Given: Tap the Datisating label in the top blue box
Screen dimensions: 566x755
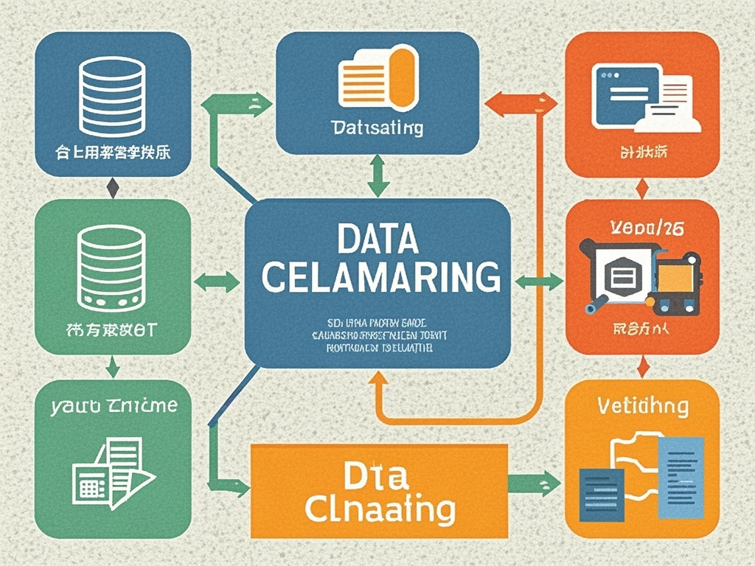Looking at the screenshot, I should coord(377,128).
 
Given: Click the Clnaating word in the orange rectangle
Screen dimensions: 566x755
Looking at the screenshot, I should coord(380,509).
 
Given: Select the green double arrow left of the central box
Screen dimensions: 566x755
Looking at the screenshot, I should coord(216,281).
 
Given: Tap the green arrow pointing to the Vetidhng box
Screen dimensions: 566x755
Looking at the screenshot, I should coord(534,483).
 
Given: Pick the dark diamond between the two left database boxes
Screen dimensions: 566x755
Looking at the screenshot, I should coord(112,187).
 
